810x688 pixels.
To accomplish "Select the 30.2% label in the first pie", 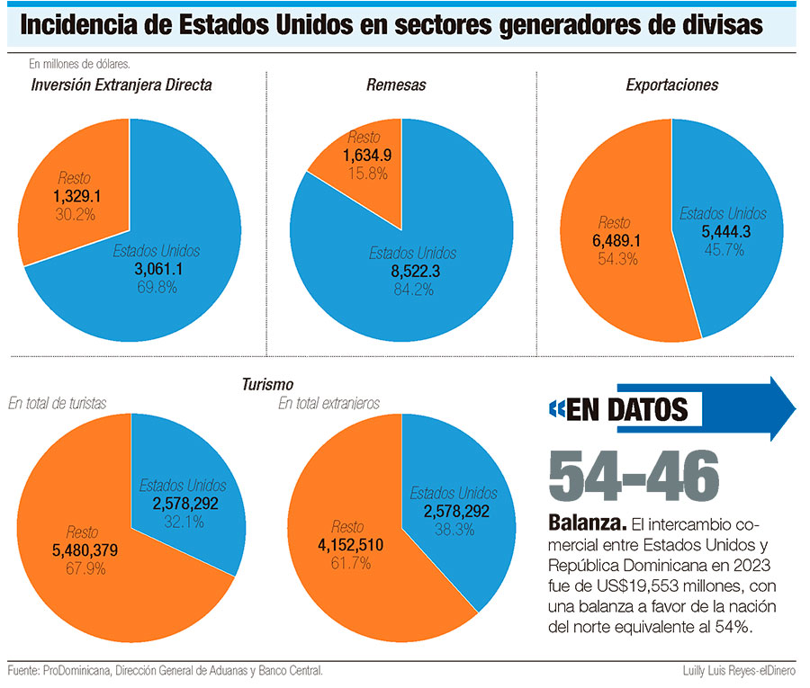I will coord(76,214).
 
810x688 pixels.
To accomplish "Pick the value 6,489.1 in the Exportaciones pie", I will coord(618,241).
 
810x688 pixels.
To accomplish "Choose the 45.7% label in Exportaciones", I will coord(723,249).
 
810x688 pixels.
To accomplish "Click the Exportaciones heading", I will coord(671,85).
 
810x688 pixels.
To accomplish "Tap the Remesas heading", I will coord(396,85).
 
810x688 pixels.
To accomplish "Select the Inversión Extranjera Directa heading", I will coord(121,85).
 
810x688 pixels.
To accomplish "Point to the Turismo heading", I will coord(267,384).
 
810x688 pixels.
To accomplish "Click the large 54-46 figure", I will coord(634,474).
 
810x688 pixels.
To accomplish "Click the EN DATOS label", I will coord(626,410).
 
